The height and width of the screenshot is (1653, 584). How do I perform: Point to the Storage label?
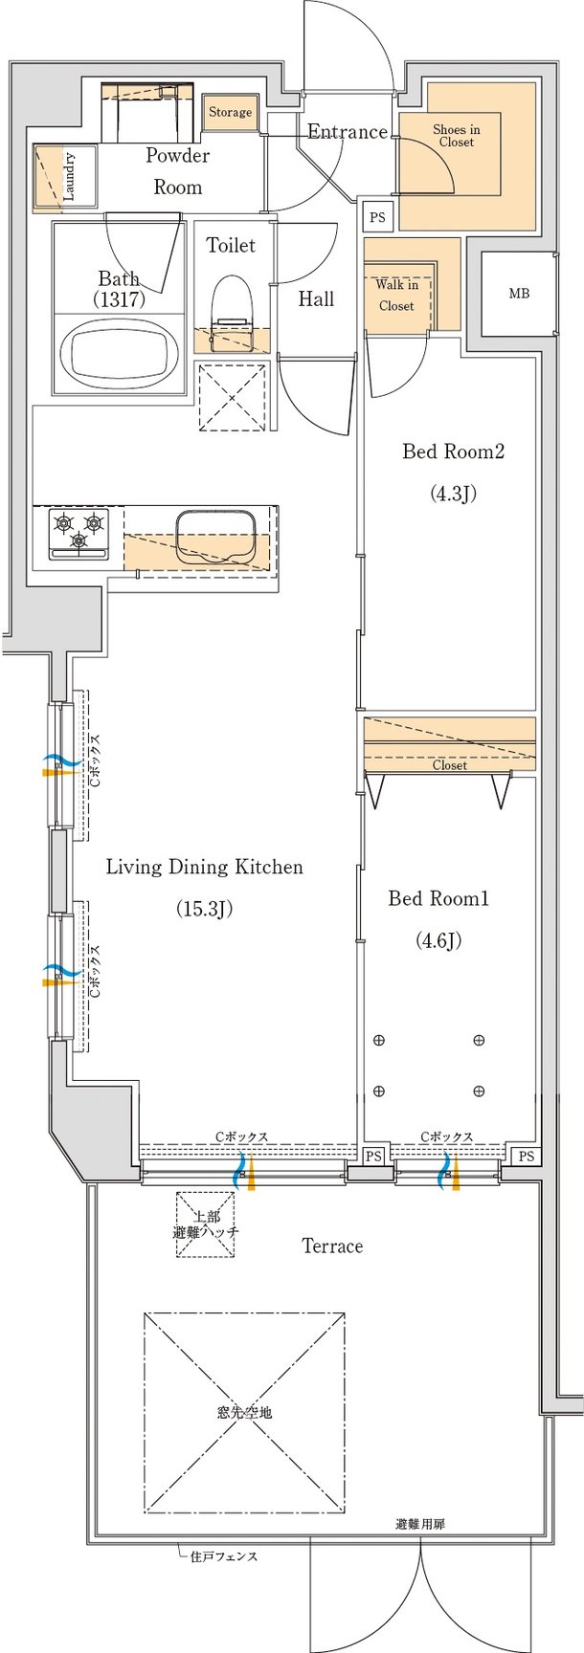click(230, 112)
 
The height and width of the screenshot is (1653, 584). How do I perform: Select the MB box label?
click(518, 294)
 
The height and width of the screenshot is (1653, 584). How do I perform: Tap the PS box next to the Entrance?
click(377, 217)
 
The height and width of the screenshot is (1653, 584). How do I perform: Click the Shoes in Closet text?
click(456, 136)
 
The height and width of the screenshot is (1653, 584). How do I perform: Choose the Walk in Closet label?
click(396, 296)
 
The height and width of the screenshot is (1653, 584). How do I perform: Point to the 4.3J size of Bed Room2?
click(453, 494)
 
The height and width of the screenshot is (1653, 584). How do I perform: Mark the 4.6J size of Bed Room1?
click(438, 940)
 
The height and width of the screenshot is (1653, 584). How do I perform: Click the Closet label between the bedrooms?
click(449, 765)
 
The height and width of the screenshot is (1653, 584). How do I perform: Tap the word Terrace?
click(332, 1245)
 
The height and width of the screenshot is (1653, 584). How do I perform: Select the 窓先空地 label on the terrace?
click(244, 1411)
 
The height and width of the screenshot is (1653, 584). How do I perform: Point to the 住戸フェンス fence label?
click(223, 1556)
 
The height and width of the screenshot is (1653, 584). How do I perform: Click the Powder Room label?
click(178, 170)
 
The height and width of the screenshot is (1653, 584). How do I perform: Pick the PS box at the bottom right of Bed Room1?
click(526, 1157)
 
